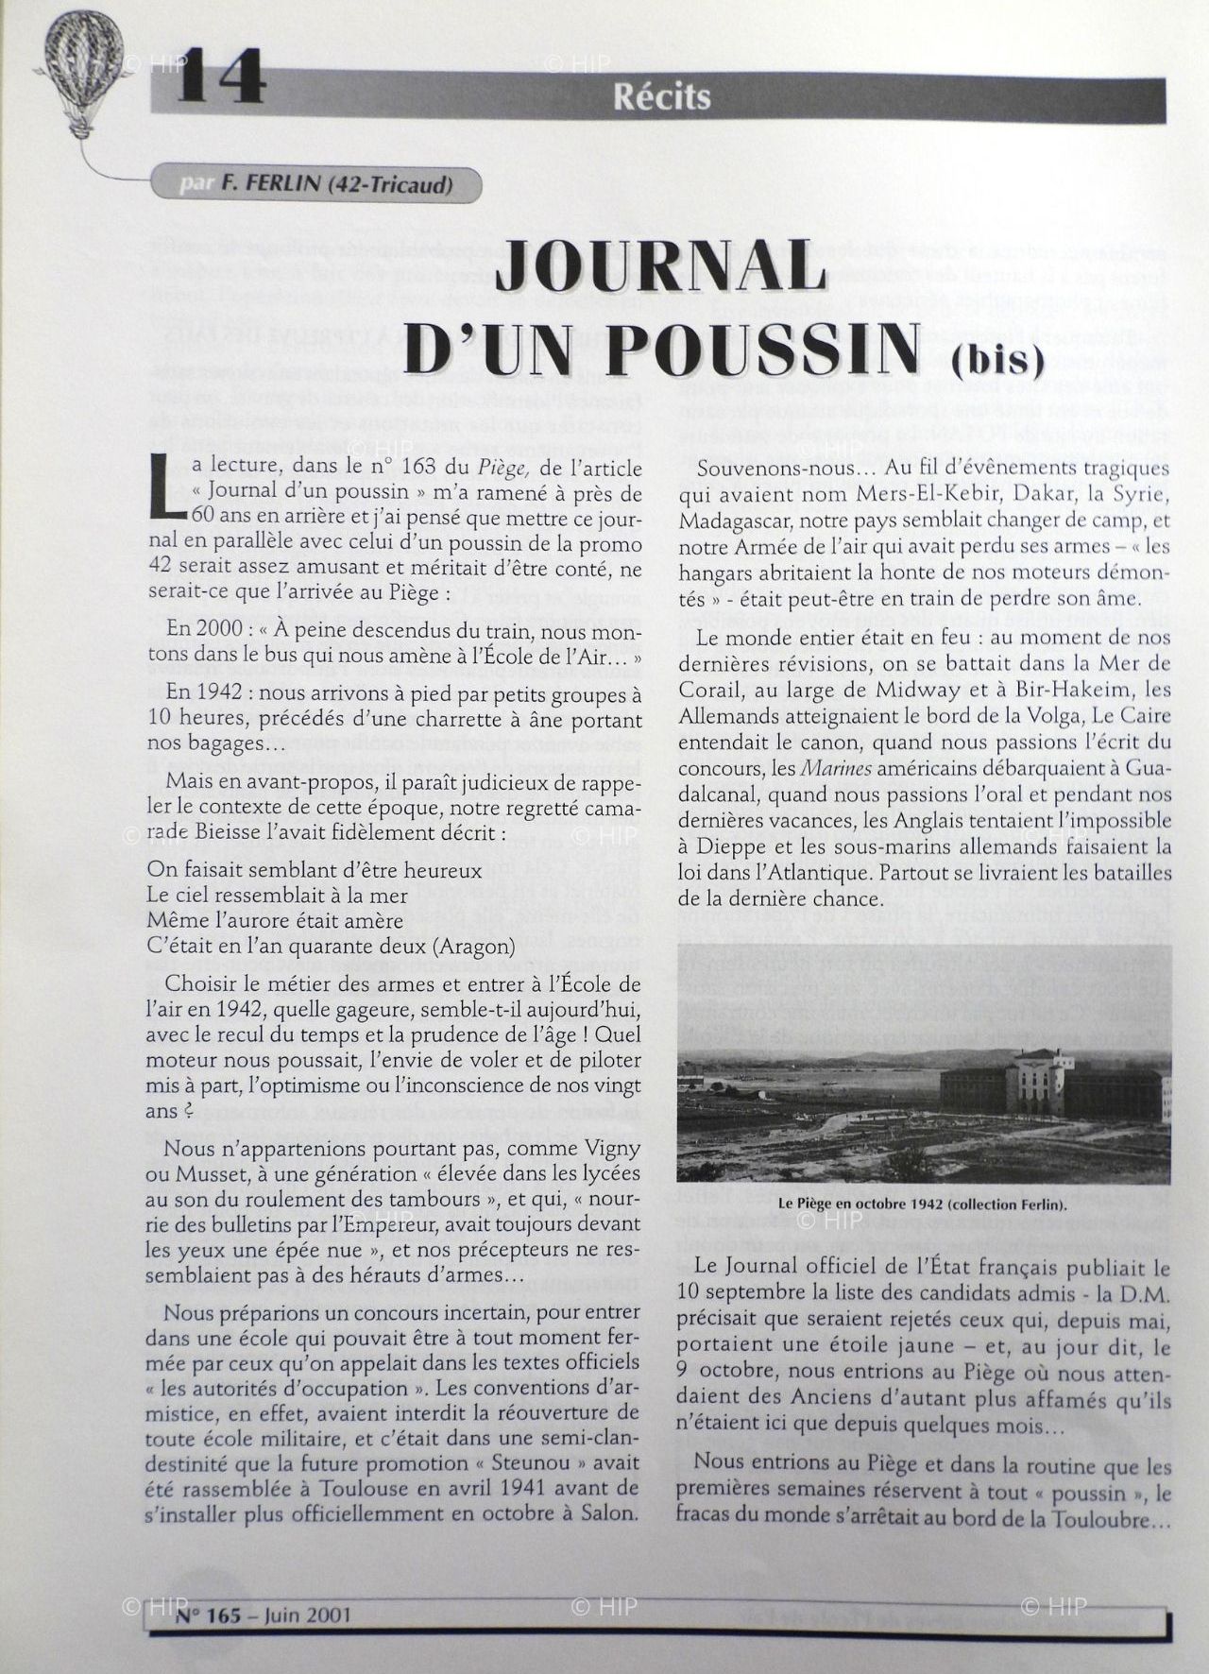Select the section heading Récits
tap(661, 96)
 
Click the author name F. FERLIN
tap(270, 184)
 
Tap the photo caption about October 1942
tap(924, 1204)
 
